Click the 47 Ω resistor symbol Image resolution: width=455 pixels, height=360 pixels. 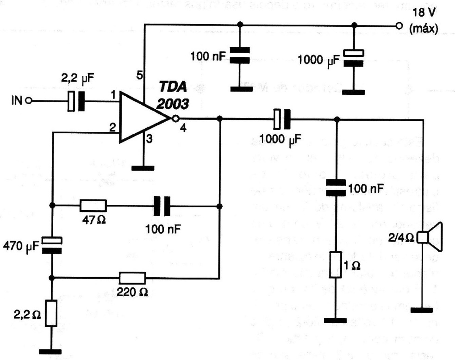coord(93,205)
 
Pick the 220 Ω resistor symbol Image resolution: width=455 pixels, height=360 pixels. coord(132,278)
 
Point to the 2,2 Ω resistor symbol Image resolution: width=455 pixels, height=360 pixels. coord(52,314)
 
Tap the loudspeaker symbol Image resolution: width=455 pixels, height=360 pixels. coord(431,237)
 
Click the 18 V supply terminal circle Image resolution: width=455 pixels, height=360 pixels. coord(399,26)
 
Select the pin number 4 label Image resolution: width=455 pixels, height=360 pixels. coord(183,130)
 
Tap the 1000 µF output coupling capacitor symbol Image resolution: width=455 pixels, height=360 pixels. coord(281,118)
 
